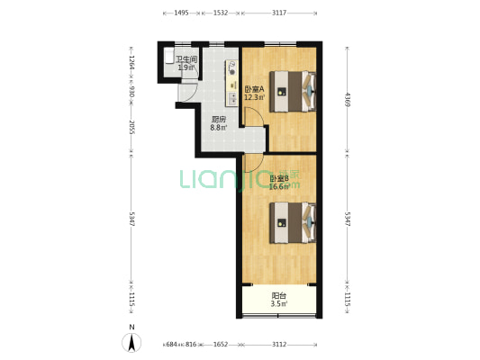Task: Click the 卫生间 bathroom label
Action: coord(186,59)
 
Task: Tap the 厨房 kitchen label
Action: coord(219,120)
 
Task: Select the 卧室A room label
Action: coord(254,90)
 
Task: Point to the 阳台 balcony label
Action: coord(279,296)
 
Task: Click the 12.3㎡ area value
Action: coord(254,97)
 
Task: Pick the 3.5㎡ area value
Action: coord(279,303)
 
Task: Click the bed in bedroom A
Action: coord(293,92)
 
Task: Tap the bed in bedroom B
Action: coord(293,222)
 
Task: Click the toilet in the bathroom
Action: coord(169,56)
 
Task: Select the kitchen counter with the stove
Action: coord(232,83)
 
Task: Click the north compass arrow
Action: coord(131,343)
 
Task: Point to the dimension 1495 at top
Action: coord(181,13)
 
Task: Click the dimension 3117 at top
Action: coord(279,13)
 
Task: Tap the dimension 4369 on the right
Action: coord(347,99)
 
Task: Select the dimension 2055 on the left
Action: coord(131,127)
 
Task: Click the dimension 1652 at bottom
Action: coord(221,345)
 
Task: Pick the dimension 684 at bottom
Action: coord(171,345)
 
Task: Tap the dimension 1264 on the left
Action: coord(131,63)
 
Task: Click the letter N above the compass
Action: coord(131,327)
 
